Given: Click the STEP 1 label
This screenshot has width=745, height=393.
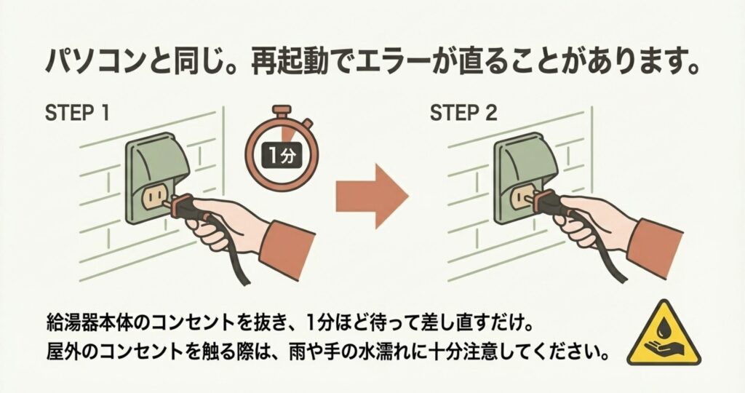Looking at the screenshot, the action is (77, 114).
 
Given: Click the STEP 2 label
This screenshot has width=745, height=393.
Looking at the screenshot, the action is (463, 114).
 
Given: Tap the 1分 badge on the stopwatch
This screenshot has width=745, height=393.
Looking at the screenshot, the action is (282, 156).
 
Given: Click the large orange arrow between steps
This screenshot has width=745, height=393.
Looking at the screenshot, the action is (372, 196).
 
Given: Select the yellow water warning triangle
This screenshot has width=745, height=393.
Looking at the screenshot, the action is (664, 335).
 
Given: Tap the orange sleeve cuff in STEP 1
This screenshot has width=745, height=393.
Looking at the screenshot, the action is (287, 248).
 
